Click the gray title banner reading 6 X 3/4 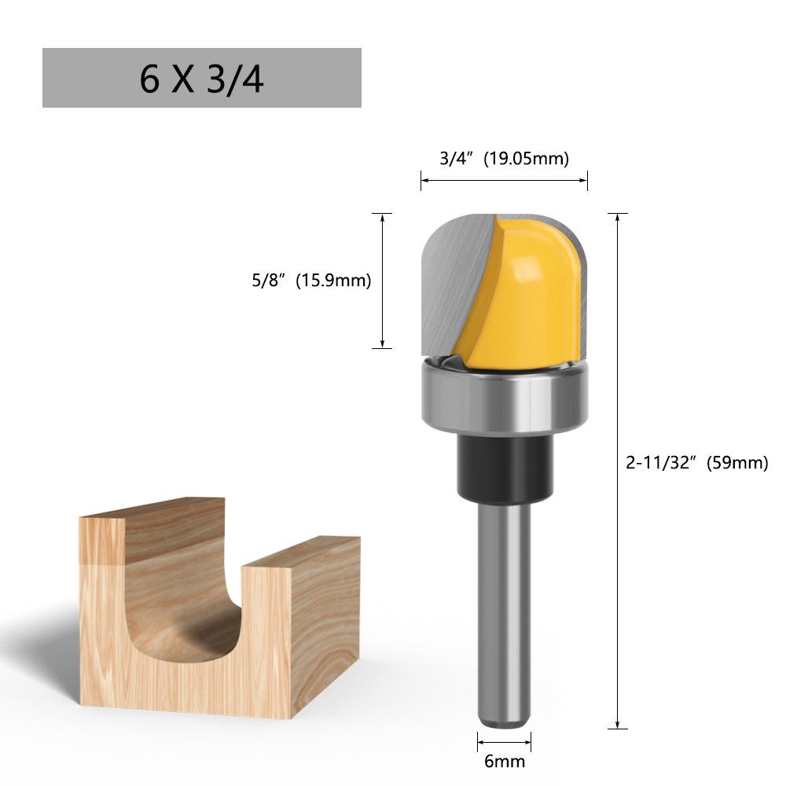pyautogui.click(x=201, y=78)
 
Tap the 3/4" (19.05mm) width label pyautogui.click(x=504, y=159)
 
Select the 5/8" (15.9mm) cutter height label pyautogui.click(x=307, y=280)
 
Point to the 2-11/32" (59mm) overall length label pyautogui.click(x=696, y=463)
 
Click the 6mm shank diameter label pyautogui.click(x=505, y=761)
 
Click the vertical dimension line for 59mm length pyautogui.click(x=618, y=472)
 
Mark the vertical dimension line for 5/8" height pyautogui.click(x=382, y=280)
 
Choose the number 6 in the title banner pyautogui.click(x=149, y=79)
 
